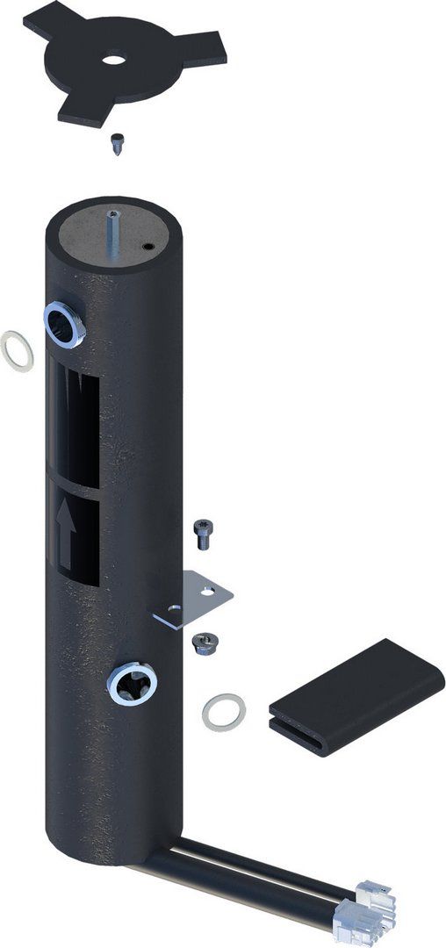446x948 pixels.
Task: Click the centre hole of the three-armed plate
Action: tap(113, 61)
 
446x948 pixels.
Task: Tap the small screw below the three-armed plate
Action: tap(116, 142)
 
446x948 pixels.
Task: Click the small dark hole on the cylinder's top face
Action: tap(148, 248)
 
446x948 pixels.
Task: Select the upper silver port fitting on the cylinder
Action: tap(63, 325)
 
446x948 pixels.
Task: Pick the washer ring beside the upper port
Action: tap(18, 351)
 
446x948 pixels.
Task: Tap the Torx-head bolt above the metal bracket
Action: tap(201, 533)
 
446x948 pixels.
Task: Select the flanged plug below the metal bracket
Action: tap(204, 644)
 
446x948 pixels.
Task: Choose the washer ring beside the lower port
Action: tap(223, 710)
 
